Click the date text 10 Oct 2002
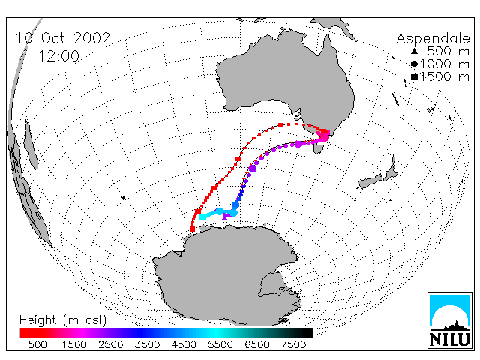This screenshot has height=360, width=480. point(63,38)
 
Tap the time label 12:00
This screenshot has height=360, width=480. point(58,56)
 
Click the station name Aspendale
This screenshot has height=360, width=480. point(433,38)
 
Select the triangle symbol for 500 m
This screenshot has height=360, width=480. point(414,51)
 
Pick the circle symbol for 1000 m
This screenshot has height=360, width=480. point(414,64)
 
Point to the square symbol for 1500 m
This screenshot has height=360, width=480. point(414,76)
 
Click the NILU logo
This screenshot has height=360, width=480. point(450,320)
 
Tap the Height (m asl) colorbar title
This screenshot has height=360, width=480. point(63,320)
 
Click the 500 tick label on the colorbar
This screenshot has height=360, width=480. point(37,345)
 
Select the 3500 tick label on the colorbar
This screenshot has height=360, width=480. point(147,345)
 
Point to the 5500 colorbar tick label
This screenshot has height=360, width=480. point(220,345)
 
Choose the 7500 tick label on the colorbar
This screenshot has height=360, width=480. point(293,345)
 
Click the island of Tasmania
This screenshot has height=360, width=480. point(319,148)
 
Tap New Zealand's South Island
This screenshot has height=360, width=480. point(371,181)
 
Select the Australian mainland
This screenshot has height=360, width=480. point(285,79)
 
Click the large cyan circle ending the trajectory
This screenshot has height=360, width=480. point(202,217)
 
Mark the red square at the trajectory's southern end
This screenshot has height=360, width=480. point(192,229)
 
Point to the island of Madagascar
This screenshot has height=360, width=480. point(31,145)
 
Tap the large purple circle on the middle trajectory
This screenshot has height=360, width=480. point(252,168)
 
